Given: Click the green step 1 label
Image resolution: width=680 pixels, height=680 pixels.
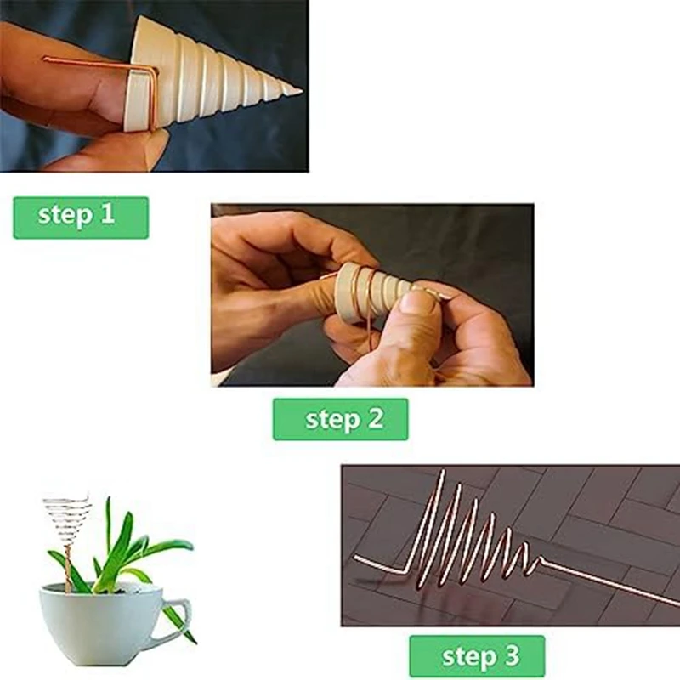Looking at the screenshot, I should pyautogui.click(x=81, y=218).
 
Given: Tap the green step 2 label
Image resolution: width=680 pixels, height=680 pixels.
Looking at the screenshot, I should pyautogui.click(x=340, y=419).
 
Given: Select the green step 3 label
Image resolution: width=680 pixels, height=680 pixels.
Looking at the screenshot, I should pyautogui.click(x=476, y=656).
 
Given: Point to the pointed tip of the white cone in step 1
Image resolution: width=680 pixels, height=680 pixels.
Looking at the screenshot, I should pyautogui.click(x=297, y=89).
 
